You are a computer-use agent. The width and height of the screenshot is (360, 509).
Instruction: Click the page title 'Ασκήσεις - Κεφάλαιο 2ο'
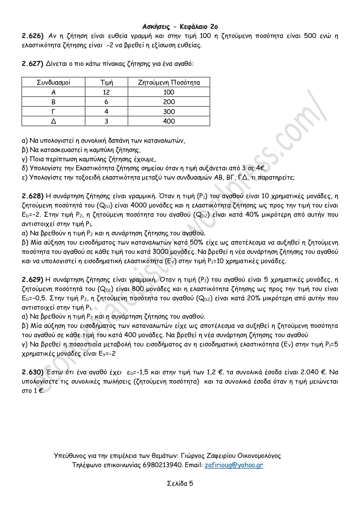coord(180,27)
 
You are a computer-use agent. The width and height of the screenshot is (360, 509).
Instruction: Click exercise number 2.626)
coord(33,36)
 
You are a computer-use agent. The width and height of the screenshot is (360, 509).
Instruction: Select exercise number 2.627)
coord(33,64)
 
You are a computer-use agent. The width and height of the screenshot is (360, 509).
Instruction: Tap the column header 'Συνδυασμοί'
coord(53,82)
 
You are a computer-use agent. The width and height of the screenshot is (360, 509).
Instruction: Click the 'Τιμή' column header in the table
coord(106,82)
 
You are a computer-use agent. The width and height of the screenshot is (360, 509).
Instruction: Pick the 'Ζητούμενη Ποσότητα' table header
coord(169,82)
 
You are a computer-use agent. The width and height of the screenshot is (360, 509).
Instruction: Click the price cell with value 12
coord(106,92)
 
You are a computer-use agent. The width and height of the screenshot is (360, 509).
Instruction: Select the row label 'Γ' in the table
coord(53,112)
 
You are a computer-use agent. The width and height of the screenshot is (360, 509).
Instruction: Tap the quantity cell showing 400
coord(169,121)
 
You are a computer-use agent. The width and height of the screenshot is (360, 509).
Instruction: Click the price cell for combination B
coord(106,102)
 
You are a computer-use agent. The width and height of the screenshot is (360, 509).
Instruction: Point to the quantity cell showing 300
coord(169,112)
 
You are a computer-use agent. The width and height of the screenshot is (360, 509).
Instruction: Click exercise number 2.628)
coord(33,196)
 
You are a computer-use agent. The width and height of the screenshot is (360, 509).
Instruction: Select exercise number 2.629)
coord(33,280)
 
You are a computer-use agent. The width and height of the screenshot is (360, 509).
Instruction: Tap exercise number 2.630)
coord(33,372)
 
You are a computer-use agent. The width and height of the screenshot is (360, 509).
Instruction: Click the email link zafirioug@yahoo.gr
coord(234,465)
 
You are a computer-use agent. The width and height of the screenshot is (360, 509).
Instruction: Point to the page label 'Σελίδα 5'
coord(180,483)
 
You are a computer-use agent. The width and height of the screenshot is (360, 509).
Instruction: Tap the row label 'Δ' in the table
coord(53,121)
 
